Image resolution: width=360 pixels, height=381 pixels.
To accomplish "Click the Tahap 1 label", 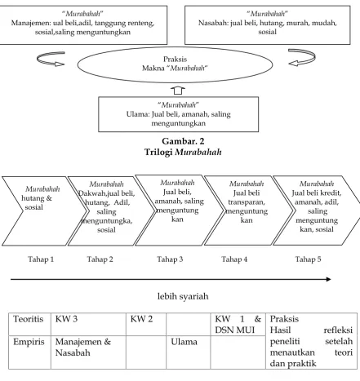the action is (41, 259).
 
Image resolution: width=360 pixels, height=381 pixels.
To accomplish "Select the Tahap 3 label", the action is (170, 259).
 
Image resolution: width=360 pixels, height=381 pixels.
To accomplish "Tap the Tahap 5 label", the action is (308, 259).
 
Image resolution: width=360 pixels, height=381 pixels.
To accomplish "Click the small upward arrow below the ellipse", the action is (178, 91).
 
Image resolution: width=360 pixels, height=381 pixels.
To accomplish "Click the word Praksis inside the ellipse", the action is (175, 59).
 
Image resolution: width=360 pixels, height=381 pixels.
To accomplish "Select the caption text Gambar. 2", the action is (183, 141).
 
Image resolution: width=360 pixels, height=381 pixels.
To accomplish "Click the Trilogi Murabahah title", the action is (183, 152).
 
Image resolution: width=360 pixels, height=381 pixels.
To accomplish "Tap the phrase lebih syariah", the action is (183, 296).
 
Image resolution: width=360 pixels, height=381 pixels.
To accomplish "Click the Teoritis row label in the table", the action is (29, 319).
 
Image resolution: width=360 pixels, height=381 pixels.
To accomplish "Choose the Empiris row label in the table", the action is (29, 342).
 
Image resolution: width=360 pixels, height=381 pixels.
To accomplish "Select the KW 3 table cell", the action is (66, 319).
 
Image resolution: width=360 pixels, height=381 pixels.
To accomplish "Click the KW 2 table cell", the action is (141, 319).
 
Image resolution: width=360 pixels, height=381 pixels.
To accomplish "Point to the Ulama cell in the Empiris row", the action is (184, 342).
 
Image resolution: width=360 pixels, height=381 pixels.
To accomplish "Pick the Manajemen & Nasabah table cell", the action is (83, 347).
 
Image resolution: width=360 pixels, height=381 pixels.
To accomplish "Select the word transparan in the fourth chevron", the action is (247, 202).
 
